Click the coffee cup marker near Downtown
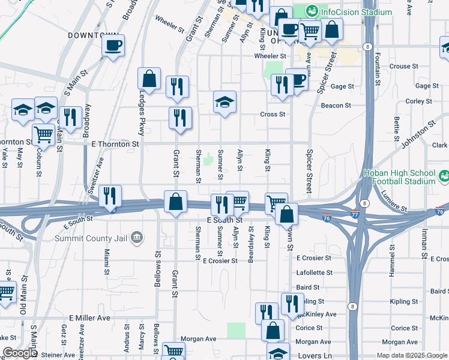click(x=112, y=46)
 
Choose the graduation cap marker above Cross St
click(x=225, y=103)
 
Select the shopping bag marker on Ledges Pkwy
click(x=149, y=79)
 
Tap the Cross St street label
click(x=272, y=114)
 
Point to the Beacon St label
click(x=336, y=106)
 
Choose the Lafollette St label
click(x=314, y=272)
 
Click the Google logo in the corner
click(x=19, y=353)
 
